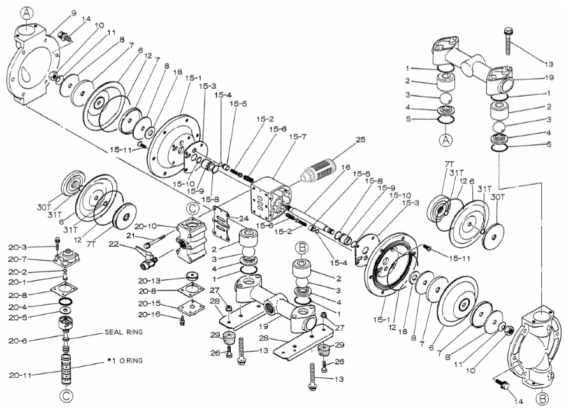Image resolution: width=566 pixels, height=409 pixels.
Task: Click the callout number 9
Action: click(x=73, y=13)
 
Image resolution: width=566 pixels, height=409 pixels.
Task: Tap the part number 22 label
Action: click(x=114, y=243)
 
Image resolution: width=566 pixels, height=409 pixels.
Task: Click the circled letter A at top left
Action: click(x=25, y=13)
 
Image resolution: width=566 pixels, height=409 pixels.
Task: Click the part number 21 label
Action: click(x=132, y=236)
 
